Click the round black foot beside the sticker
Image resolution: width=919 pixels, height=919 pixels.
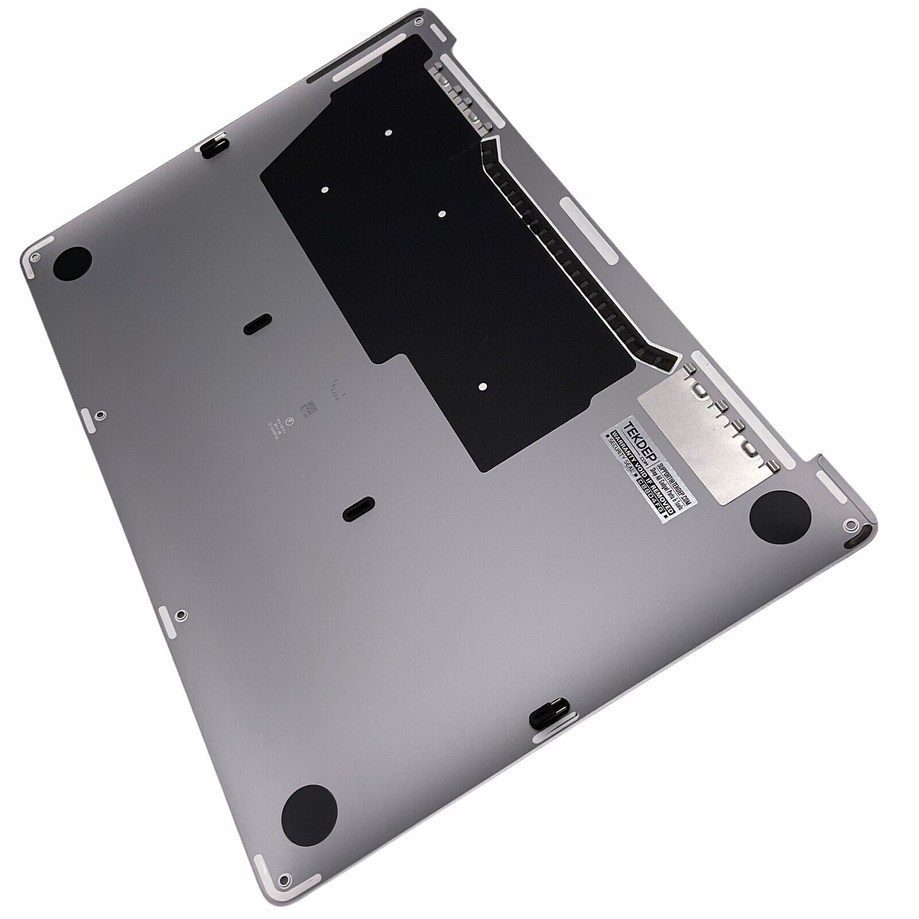pyautogui.click(x=781, y=518)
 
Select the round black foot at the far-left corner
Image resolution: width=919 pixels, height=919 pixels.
pyautogui.click(x=72, y=264)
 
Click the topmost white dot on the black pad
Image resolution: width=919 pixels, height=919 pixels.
pyautogui.click(x=388, y=133)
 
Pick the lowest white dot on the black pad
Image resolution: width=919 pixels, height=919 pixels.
pyautogui.click(x=482, y=387)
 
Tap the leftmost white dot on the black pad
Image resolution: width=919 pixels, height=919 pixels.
pyautogui.click(x=325, y=188)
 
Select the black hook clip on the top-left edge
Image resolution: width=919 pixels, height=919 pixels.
pyautogui.click(x=214, y=142)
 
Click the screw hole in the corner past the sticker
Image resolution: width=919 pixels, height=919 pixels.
pyautogui.click(x=848, y=524)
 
